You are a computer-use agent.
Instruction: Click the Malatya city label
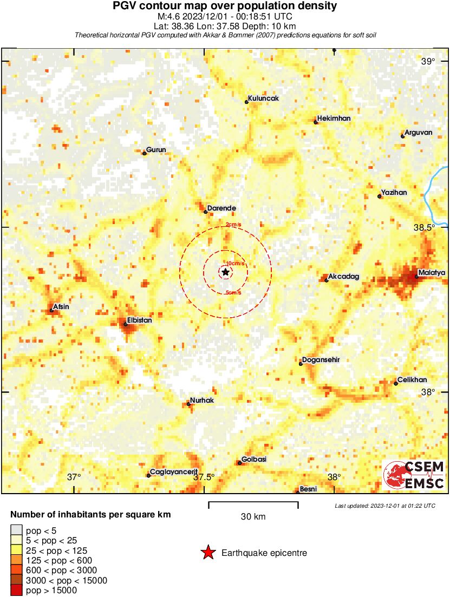(x=432, y=272)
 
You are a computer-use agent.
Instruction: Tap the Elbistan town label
(x=139, y=320)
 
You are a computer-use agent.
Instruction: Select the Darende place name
(x=221, y=208)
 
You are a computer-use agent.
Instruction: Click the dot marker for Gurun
(x=145, y=153)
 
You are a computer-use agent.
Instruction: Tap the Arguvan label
(x=418, y=132)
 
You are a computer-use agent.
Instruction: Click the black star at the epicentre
(x=225, y=272)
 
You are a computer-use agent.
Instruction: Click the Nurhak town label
(x=202, y=400)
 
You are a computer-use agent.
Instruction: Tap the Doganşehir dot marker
(x=301, y=364)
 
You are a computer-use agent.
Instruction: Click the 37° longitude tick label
(x=74, y=477)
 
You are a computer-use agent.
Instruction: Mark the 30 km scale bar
(x=253, y=505)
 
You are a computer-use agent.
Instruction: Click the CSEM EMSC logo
(x=414, y=475)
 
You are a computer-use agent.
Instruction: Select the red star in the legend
(x=207, y=553)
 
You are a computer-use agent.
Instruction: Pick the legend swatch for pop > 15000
(x=16, y=591)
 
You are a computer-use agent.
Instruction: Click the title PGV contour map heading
(x=225, y=6)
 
